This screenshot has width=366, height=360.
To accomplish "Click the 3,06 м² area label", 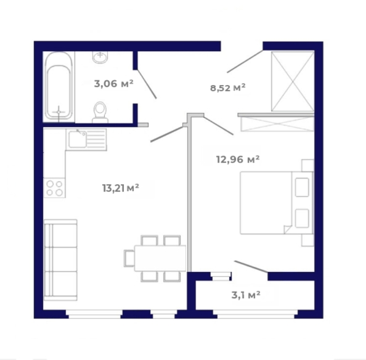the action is coord(113,84).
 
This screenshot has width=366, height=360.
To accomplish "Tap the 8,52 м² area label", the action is coord(228,88).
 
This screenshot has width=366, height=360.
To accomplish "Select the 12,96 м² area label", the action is coord(238,160).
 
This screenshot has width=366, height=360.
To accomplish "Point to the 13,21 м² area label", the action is coord(120,188).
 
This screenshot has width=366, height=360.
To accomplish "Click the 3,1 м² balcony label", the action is coord(246,295).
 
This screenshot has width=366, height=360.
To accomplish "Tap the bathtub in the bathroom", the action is coord(59,86).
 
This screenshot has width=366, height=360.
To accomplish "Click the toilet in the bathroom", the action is coord(100,113).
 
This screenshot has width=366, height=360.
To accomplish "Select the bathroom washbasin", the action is coord(100,57).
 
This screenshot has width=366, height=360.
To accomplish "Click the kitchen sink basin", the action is coord(78,139).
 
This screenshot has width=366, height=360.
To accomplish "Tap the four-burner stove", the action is coord(54,187).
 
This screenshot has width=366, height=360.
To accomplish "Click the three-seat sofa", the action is coord(60,260).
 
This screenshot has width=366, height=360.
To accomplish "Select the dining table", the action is coord(160,258).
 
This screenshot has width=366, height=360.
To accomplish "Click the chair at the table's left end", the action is coord(129,258).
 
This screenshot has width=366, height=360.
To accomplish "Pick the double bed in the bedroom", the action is coord(277,203).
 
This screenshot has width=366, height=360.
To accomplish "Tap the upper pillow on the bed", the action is coord(303,187).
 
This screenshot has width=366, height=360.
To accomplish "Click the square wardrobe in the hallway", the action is coord(293,81).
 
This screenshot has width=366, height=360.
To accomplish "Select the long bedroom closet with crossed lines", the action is coord(277,124).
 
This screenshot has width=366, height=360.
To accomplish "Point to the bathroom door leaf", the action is coord(147,84).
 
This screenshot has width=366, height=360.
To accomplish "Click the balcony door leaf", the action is coord(251,267).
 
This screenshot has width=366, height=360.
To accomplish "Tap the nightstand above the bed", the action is coord(307,166).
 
